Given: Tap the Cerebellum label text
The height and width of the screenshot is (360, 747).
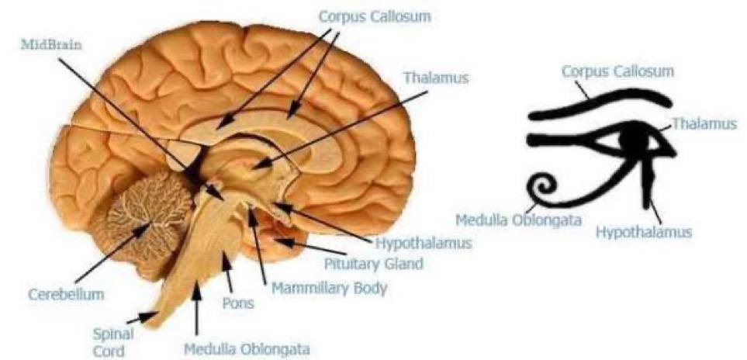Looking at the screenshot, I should [66, 295].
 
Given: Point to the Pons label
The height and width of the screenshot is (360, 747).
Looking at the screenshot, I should [237, 303].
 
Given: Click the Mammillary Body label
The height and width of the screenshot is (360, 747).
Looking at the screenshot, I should [329, 289].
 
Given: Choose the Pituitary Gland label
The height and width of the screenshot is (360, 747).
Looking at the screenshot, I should [373, 264].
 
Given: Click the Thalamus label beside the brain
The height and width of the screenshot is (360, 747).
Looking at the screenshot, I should [436, 78].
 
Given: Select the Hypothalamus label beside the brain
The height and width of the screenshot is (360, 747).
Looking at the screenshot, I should [424, 243].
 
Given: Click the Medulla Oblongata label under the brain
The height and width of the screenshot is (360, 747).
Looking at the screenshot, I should [246, 349].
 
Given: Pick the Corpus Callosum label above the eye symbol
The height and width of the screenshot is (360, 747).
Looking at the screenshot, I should [617, 71].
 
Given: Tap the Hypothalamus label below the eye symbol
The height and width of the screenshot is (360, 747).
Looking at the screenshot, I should [643, 231].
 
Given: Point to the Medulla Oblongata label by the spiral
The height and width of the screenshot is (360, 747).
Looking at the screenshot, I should [518, 220].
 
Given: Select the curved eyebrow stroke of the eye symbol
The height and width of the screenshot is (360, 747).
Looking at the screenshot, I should [597, 104].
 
